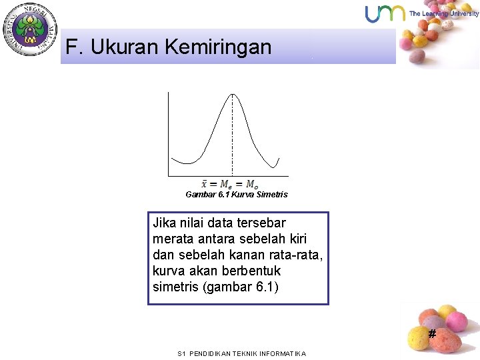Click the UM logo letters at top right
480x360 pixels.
click(385, 13)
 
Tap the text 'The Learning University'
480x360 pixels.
click(443, 13)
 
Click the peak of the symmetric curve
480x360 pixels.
click(231, 94)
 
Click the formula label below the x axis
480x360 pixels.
click(230, 184)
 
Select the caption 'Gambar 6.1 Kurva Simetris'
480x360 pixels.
click(237, 195)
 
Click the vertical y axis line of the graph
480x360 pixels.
click(169, 133)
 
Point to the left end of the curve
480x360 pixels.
click(173, 158)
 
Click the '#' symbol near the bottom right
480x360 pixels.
click(432, 333)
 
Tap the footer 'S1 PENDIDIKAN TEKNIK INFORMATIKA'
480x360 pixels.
click(242, 353)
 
